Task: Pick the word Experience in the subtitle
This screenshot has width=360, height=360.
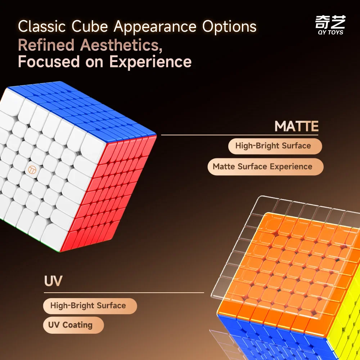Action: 150,62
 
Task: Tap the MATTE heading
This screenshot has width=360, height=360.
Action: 296,126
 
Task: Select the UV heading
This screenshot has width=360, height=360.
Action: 53,281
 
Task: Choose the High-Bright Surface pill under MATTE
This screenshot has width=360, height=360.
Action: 273,146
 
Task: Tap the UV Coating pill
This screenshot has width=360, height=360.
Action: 71,325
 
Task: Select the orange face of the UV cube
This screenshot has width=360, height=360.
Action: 284,266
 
